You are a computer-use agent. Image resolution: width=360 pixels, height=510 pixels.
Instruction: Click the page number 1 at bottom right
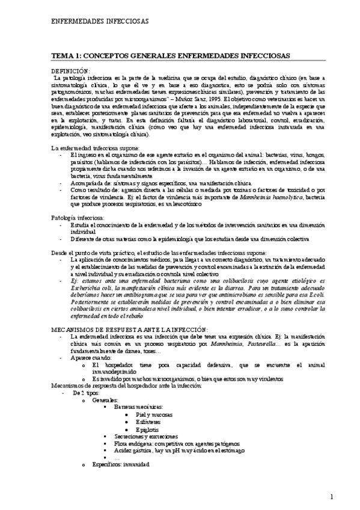point(332,496)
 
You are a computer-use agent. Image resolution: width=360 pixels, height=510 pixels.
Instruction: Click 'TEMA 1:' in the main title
point(67,55)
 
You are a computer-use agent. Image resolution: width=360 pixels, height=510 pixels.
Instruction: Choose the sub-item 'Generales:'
point(106,399)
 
